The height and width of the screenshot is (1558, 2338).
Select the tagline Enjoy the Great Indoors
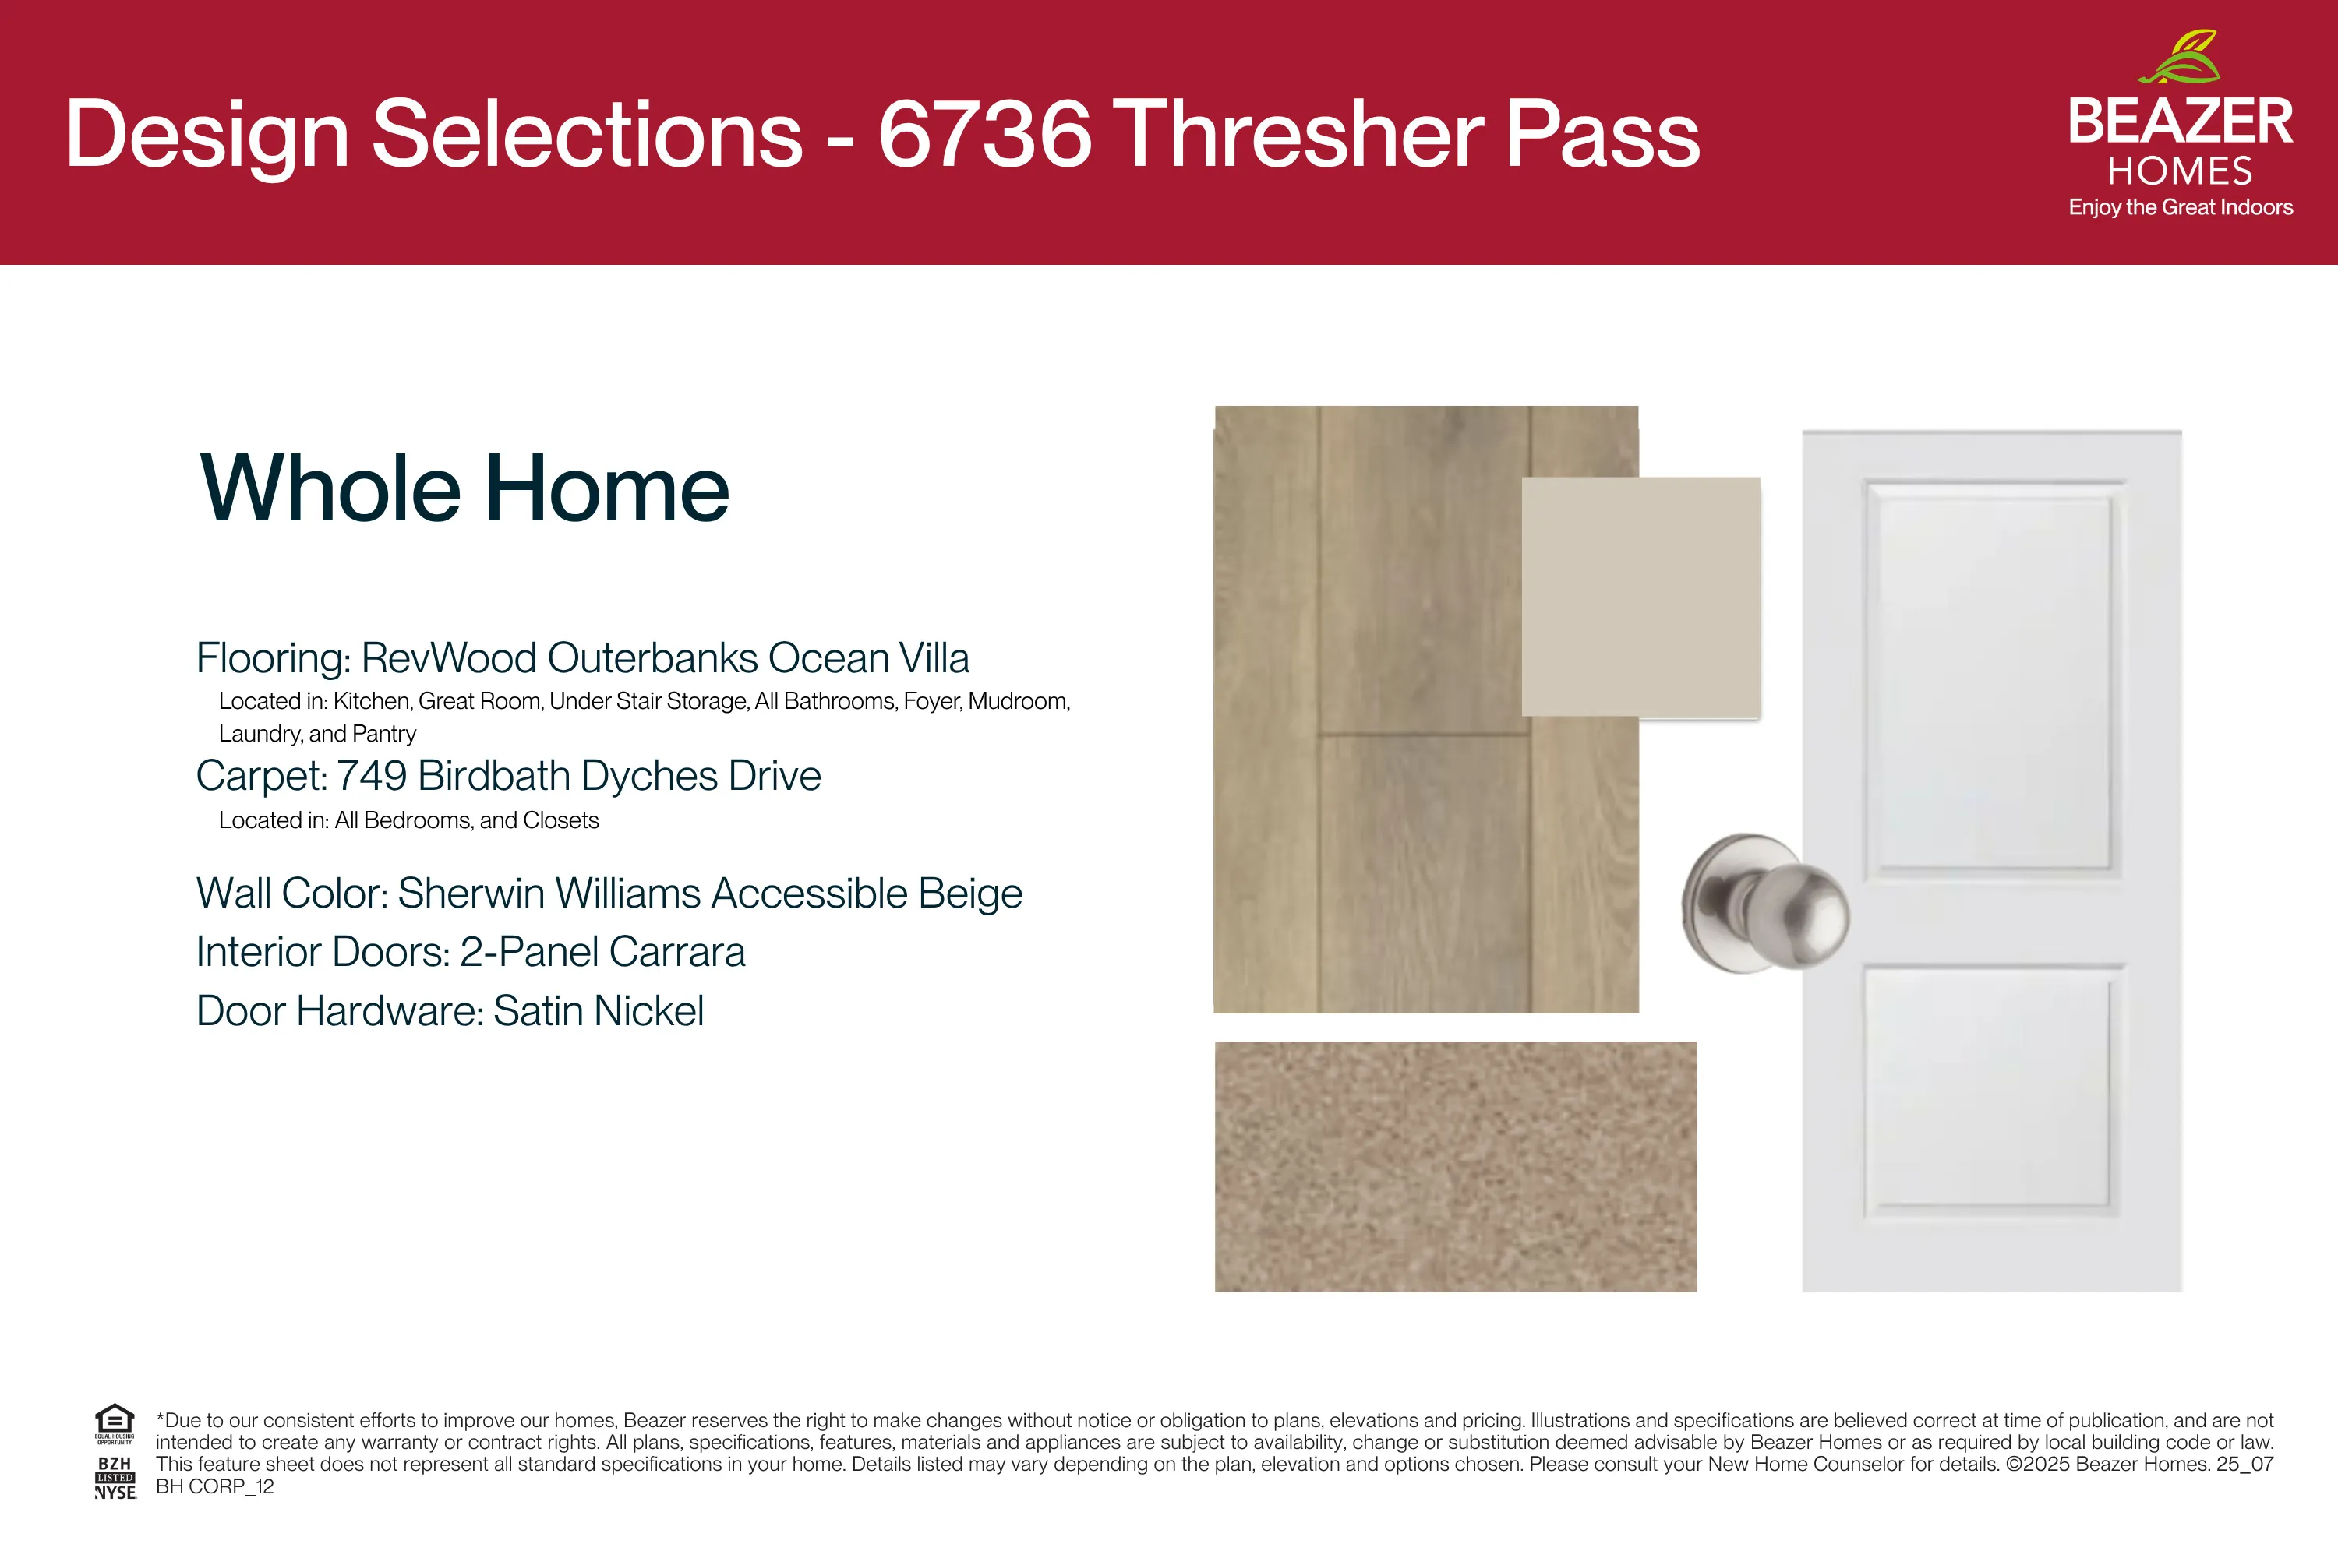(2181, 208)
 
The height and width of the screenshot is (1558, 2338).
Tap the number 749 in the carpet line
(372, 776)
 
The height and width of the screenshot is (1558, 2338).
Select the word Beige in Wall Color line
(970, 894)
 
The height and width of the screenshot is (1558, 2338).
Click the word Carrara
(677, 952)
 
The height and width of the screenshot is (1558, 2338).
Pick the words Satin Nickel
(599, 1011)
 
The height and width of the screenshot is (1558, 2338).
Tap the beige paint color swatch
(1641, 596)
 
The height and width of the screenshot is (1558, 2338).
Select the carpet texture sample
(1455, 1166)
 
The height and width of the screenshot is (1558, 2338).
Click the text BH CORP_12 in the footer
(215, 1486)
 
